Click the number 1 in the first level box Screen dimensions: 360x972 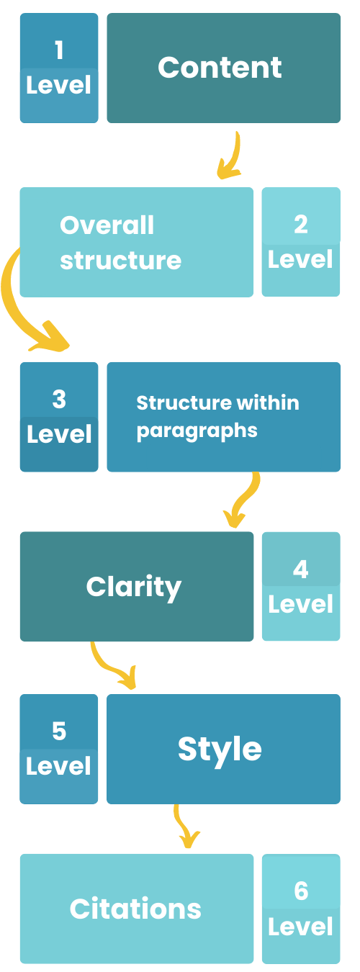pos(59,50)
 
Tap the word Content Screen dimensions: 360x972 pos(220,68)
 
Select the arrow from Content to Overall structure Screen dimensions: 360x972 pos(231,157)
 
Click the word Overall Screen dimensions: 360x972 pos(107,225)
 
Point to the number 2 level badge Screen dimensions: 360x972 pos(301,242)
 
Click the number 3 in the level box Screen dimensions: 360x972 pos(59,399)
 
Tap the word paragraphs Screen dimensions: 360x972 pos(197,431)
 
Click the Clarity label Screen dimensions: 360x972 pos(134,587)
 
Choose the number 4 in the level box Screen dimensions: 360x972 pos(300,569)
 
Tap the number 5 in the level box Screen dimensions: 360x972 pos(59,731)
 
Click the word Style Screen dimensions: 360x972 pos(220,749)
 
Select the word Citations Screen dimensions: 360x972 pos(135,909)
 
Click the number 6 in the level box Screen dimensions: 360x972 pos(301,891)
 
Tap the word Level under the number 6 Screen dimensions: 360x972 pos(300,927)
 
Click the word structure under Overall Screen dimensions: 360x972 pos(120,261)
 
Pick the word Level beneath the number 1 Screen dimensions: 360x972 pos(58,85)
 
